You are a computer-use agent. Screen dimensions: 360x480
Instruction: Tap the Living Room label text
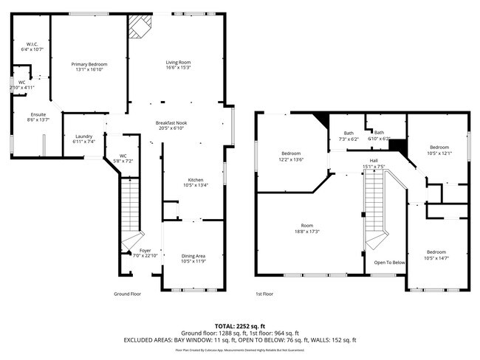(178, 63)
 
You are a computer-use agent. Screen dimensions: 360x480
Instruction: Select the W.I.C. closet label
(31, 44)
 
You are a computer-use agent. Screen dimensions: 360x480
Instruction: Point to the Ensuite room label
(38, 114)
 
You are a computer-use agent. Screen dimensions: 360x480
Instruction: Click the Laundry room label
(83, 136)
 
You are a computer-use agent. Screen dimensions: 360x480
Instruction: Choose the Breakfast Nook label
(170, 122)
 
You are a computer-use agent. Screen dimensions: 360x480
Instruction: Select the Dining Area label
(193, 256)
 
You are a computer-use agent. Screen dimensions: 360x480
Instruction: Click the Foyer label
(145, 251)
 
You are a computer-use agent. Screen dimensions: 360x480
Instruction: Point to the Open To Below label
(389, 262)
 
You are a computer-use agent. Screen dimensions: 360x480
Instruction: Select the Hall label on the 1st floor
(374, 161)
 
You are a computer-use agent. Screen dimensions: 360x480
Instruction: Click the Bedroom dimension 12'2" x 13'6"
(291, 159)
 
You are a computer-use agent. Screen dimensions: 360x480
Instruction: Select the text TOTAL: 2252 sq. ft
(239, 325)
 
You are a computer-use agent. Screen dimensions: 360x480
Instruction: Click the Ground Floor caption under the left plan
(128, 293)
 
